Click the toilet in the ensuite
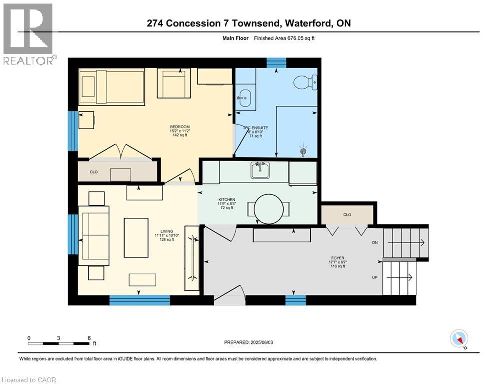pyautogui.click(x=305, y=82)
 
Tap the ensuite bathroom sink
pyautogui.click(x=244, y=98)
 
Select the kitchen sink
pyautogui.click(x=260, y=170)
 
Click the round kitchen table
pyautogui.click(x=268, y=209)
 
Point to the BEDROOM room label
pyautogui.click(x=180, y=127)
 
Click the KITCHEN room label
pyautogui.click(x=227, y=200)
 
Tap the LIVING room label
pyautogui.click(x=167, y=231)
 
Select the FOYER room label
pyautogui.click(x=338, y=258)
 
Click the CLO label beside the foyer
pyautogui.click(x=347, y=215)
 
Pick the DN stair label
pyautogui.click(x=375, y=243)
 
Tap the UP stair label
pyautogui.click(x=375, y=277)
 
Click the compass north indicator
pyautogui.click(x=459, y=339)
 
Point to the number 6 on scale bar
pyautogui.click(x=89, y=338)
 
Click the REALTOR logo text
pyautogui.click(x=28, y=60)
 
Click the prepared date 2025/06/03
pyautogui.click(x=262, y=342)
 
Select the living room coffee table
pyautogui.click(x=136, y=237)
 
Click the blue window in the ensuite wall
pyautogui.click(x=276, y=63)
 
